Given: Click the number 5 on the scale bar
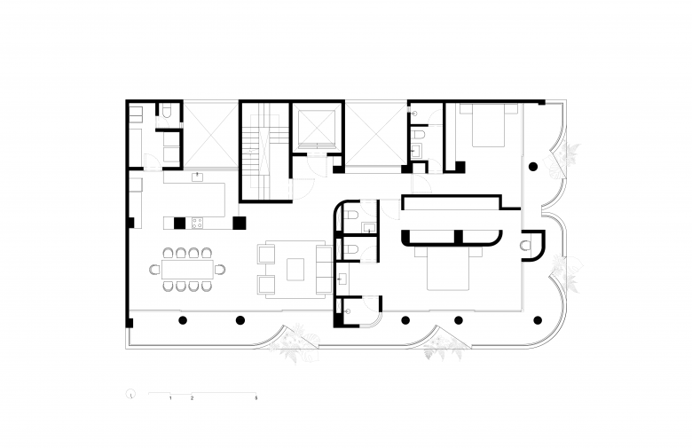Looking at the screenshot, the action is pyautogui.click(x=256, y=398).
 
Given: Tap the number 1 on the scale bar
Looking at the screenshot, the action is pyautogui.click(x=170, y=398).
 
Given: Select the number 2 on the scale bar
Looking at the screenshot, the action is pyautogui.click(x=192, y=398).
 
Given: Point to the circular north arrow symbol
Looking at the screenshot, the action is pyautogui.click(x=130, y=394).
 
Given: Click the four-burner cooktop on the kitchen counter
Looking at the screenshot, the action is pyautogui.click(x=197, y=223).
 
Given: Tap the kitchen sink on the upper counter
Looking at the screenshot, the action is pyautogui.click(x=197, y=177).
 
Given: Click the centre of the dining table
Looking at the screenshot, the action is pyautogui.click(x=187, y=269).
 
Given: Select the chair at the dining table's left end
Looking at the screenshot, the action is pyautogui.click(x=155, y=269).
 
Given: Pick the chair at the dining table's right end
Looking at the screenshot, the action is pyautogui.click(x=220, y=269).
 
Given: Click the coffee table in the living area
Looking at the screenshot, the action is pyautogui.click(x=295, y=269).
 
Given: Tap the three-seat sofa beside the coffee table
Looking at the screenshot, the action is pyautogui.click(x=324, y=269).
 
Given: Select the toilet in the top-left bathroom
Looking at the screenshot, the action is pyautogui.click(x=167, y=110).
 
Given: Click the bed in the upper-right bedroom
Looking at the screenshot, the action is pyautogui.click(x=489, y=125).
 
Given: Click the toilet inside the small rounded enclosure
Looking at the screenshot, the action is pyautogui.click(x=526, y=245).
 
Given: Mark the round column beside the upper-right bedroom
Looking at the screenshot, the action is pyautogui.click(x=533, y=167).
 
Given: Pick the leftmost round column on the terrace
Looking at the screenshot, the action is pyautogui.click(x=183, y=320).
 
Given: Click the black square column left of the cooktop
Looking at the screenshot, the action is pyautogui.click(x=179, y=224).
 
